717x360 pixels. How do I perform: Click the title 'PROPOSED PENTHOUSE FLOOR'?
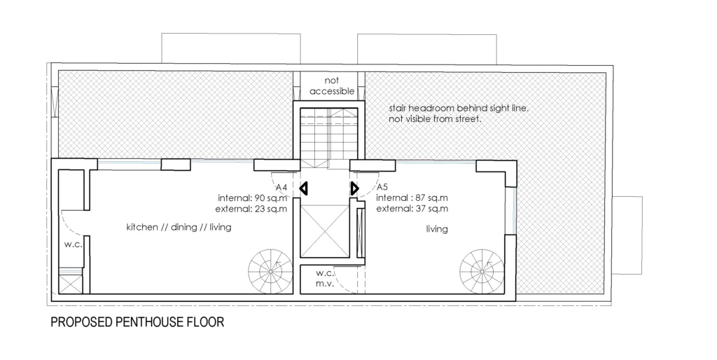[137, 322]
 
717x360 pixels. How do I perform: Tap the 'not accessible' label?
[332, 86]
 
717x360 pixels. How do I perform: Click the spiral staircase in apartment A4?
[270, 272]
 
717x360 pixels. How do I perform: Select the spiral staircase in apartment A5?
[482, 271]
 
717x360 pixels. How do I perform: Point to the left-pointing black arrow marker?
[304, 188]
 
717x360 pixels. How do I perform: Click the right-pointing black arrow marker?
[355, 188]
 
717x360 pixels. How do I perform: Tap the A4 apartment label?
[281, 188]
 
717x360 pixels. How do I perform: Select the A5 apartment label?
[382, 187]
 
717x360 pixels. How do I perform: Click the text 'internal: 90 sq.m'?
[252, 198]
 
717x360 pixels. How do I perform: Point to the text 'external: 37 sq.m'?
[412, 209]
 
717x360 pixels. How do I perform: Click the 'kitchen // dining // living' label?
[179, 227]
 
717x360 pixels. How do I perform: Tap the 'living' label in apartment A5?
[437, 229]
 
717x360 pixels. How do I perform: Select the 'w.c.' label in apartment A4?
[73, 244]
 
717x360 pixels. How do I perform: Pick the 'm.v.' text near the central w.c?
[325, 284]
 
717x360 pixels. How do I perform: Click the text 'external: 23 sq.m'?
[251, 209]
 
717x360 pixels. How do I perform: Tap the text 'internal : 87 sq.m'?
[412, 198]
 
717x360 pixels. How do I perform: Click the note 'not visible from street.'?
[435, 119]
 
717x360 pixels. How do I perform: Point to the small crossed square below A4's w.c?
[71, 284]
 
